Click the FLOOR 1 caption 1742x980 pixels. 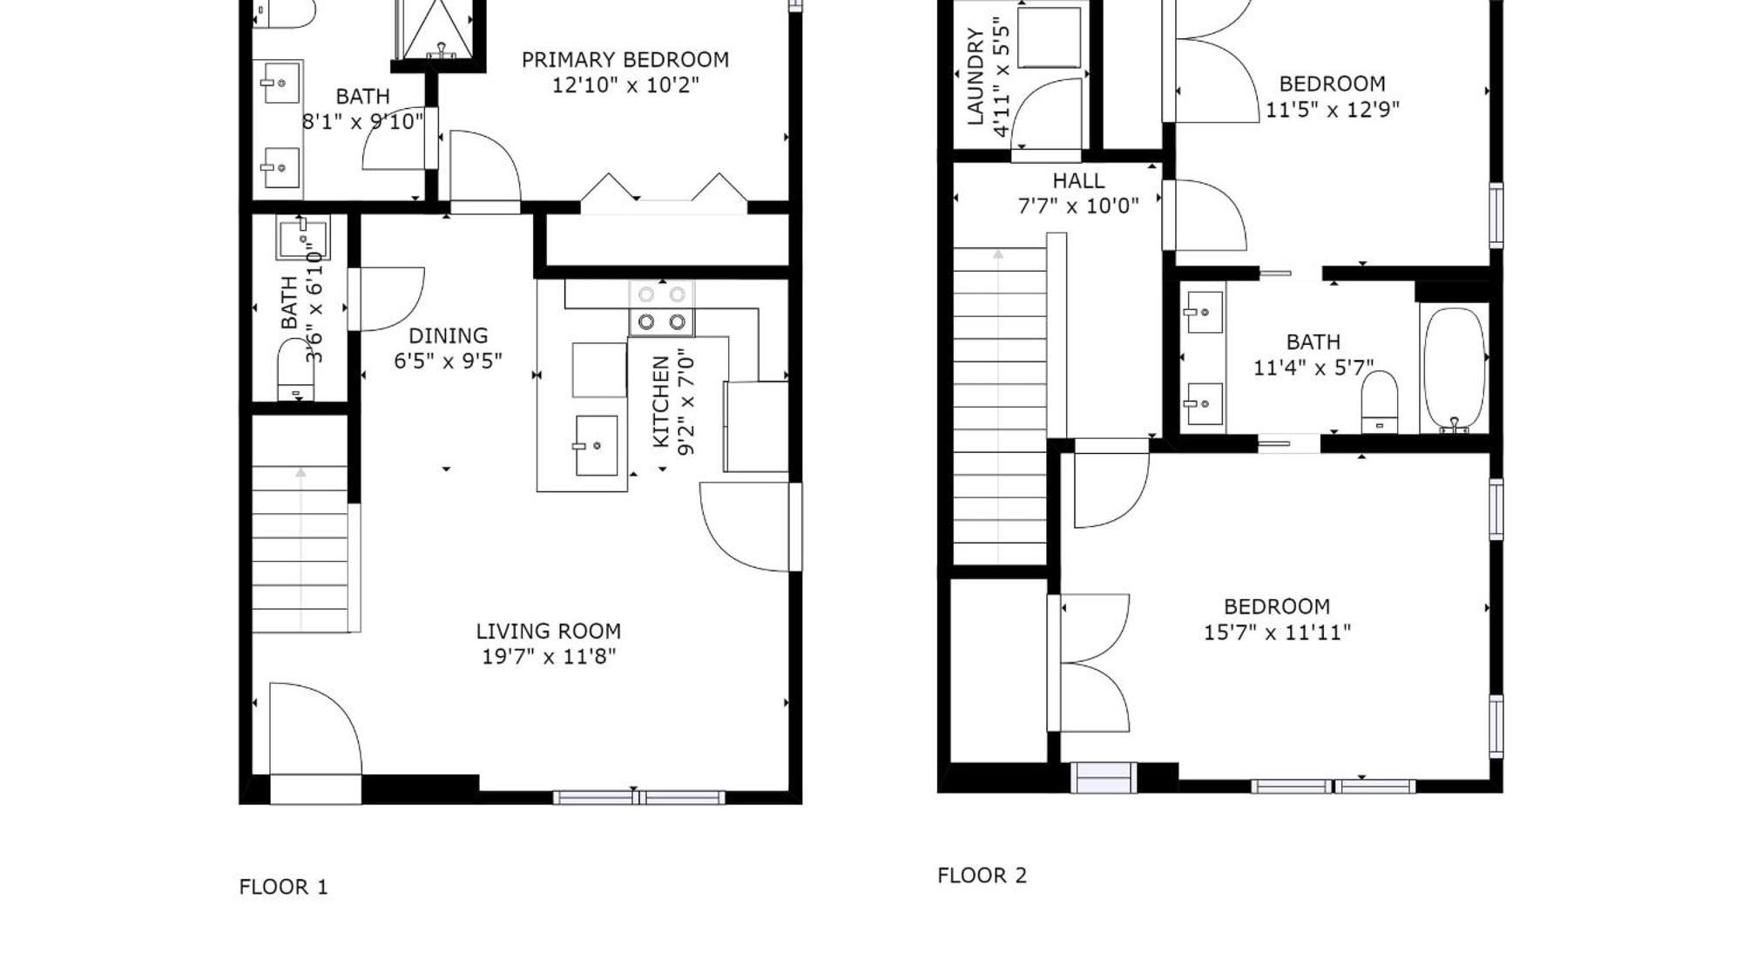tap(283, 887)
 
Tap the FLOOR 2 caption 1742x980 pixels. tap(982, 875)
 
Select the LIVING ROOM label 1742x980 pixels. tap(548, 631)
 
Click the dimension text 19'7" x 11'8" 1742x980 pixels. tap(548, 656)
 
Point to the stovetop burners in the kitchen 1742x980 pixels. tap(662, 308)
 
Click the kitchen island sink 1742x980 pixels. tap(597, 445)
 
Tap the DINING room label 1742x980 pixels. tap(448, 335)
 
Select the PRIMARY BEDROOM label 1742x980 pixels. tap(625, 60)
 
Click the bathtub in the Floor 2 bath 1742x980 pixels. tap(1454, 368)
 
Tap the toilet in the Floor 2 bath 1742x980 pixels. tap(1379, 402)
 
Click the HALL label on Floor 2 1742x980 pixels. tap(1077, 181)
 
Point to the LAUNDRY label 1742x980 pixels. tap(975, 78)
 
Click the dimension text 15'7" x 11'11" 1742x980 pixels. tap(1276, 632)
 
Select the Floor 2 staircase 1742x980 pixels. tap(999, 405)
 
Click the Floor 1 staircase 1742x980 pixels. tap(300, 549)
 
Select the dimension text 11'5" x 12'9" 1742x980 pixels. tap(1332, 110)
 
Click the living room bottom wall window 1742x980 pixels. tap(638, 796)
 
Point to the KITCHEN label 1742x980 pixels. tap(661, 402)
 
